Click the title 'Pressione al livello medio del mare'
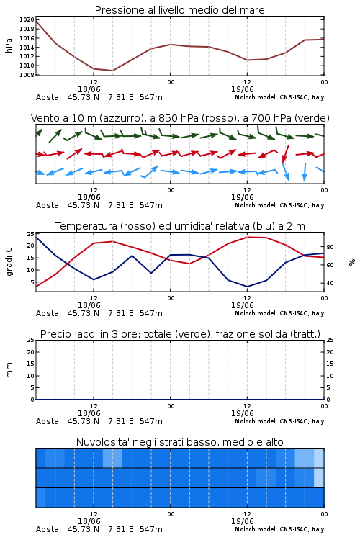point(179,10)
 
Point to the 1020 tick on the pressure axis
point(27,19)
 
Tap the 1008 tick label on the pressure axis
point(27,75)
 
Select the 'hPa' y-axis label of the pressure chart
point(9,45)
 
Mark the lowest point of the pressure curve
point(112,71)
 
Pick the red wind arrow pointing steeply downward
point(285,153)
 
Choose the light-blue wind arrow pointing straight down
point(305,171)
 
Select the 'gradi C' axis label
point(9,261)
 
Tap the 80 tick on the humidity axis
point(330,247)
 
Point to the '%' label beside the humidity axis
point(352,262)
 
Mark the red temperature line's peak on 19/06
point(247,237)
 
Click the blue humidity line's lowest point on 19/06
point(247,287)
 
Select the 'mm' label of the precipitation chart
point(9,370)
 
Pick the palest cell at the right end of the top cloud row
point(319,458)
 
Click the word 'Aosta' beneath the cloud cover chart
point(48,529)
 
